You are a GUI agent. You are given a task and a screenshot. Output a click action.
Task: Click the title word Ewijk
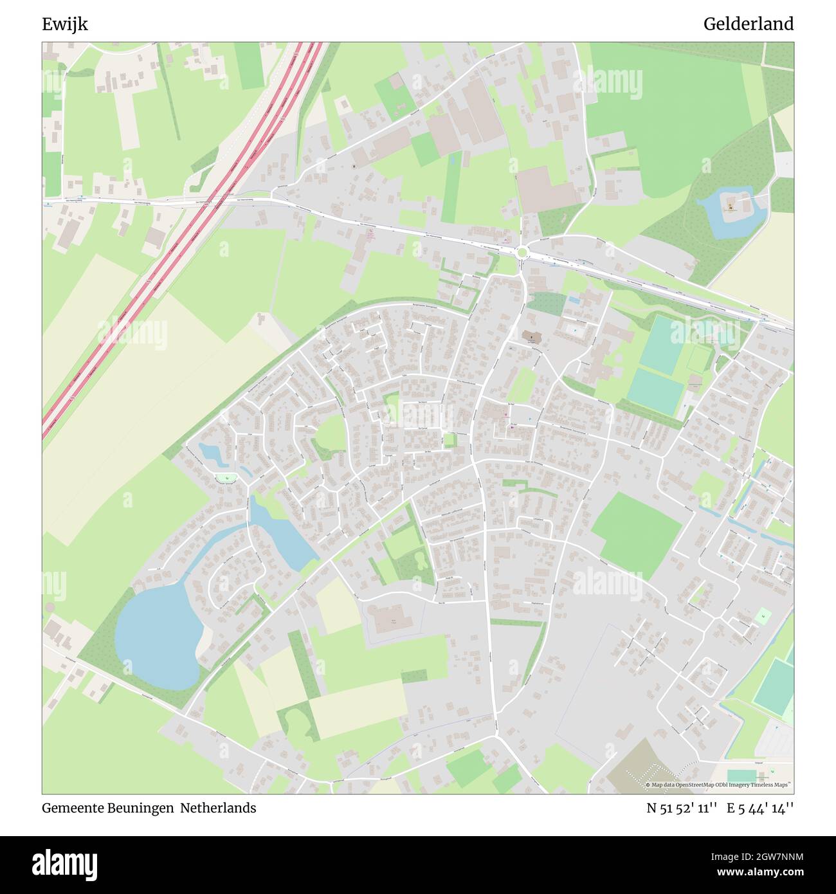[65, 24]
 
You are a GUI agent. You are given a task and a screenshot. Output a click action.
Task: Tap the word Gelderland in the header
[748, 24]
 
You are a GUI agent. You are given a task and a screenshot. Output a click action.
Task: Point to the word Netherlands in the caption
[218, 808]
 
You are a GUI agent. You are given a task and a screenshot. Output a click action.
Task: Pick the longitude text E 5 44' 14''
[760, 808]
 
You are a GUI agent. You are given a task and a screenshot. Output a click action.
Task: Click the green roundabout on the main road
[522, 253]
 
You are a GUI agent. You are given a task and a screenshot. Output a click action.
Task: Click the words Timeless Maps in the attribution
[772, 785]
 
